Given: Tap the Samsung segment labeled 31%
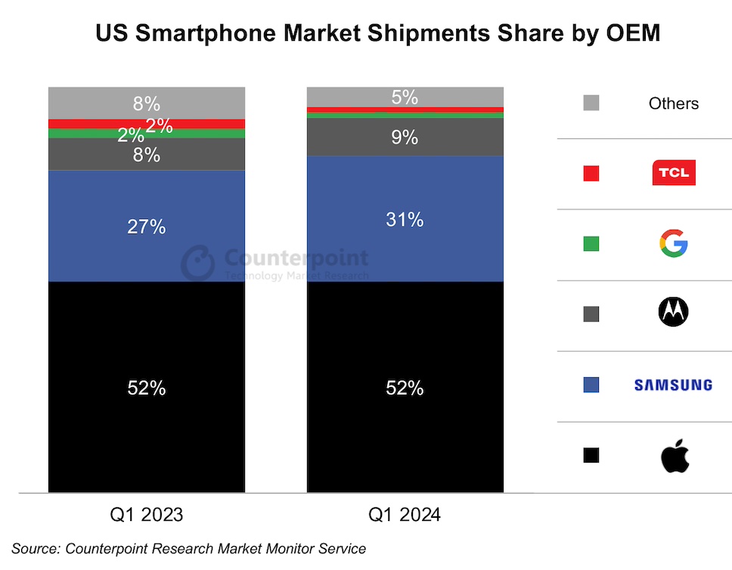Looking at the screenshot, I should (x=405, y=220).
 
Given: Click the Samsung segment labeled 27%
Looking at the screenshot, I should (x=147, y=227).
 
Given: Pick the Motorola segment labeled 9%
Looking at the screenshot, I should (x=405, y=138).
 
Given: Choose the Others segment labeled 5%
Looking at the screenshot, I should (x=405, y=97).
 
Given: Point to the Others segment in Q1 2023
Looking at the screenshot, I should (x=147, y=103).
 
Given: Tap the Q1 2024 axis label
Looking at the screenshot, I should (x=405, y=516).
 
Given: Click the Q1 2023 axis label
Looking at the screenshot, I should (x=147, y=516).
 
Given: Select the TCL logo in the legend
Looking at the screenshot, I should (x=673, y=173).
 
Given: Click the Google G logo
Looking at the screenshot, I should (x=673, y=243).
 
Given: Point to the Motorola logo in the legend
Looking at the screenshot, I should (x=673, y=311).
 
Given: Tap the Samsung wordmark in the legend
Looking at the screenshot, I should (x=673, y=385).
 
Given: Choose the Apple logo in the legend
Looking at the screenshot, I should (x=675, y=456).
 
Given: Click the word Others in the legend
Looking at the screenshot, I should (x=673, y=104).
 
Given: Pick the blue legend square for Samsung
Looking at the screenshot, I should (x=591, y=385).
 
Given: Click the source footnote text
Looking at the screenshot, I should (x=188, y=549).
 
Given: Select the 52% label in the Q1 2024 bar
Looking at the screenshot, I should (x=405, y=389).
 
